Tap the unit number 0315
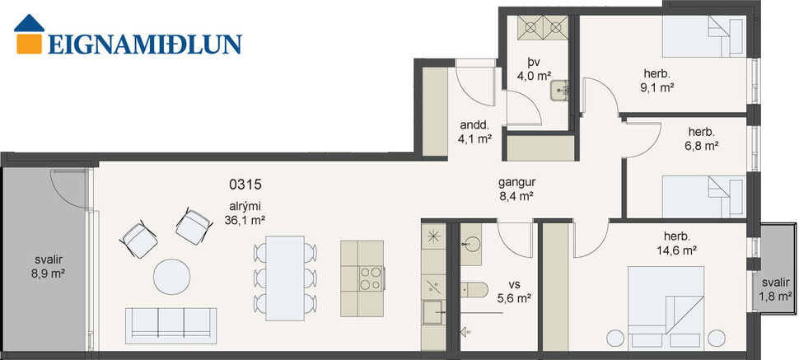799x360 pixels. click(x=246, y=185)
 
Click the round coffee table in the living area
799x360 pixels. click(x=175, y=277)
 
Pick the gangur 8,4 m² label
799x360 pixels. click(x=516, y=190)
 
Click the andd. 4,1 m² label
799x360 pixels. click(x=476, y=133)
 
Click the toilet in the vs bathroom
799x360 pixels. click(x=473, y=288)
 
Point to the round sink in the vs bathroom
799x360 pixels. click(x=472, y=242)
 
